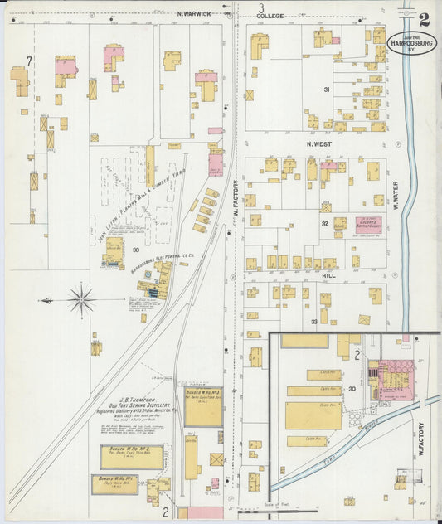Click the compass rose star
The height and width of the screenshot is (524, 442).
click(x=81, y=300)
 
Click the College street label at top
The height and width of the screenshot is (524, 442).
click(x=270, y=16)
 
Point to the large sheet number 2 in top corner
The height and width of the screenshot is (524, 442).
click(x=424, y=19)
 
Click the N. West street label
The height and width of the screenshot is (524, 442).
click(x=321, y=143)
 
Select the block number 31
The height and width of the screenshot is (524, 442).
click(x=327, y=90)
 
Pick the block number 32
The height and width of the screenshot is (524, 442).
click(x=325, y=224)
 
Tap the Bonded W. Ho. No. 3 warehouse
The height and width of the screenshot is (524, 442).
click(x=203, y=407)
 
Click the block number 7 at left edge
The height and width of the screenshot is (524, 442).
click(x=29, y=61)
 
